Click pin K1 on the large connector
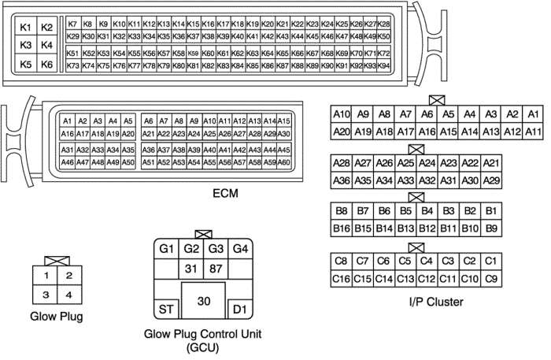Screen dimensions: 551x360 point(26,27)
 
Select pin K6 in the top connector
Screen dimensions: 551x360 point(46,64)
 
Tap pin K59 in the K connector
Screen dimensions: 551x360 point(194,53)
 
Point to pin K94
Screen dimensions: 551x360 point(384,65)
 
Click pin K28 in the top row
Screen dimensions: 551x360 point(384,24)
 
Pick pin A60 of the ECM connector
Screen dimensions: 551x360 point(283,162)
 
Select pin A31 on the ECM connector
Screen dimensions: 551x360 point(67,150)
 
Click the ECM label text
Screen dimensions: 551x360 point(225,193)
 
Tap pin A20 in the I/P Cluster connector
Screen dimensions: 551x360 point(341,132)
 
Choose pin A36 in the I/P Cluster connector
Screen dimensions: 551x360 point(341,180)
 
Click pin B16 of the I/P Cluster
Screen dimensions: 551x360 point(341,228)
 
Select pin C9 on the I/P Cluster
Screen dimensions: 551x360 point(491,279)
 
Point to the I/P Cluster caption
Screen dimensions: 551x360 point(436,302)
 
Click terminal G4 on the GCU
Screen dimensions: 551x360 point(240,249)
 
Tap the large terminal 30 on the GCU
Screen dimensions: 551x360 point(203,301)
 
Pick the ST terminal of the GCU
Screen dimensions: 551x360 point(166,310)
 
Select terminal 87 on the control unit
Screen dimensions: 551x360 point(216,269)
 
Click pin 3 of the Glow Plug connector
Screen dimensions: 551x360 point(46,295)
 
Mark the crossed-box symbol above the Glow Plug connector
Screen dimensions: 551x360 point(57,261)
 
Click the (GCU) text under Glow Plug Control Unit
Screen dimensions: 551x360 point(202,347)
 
